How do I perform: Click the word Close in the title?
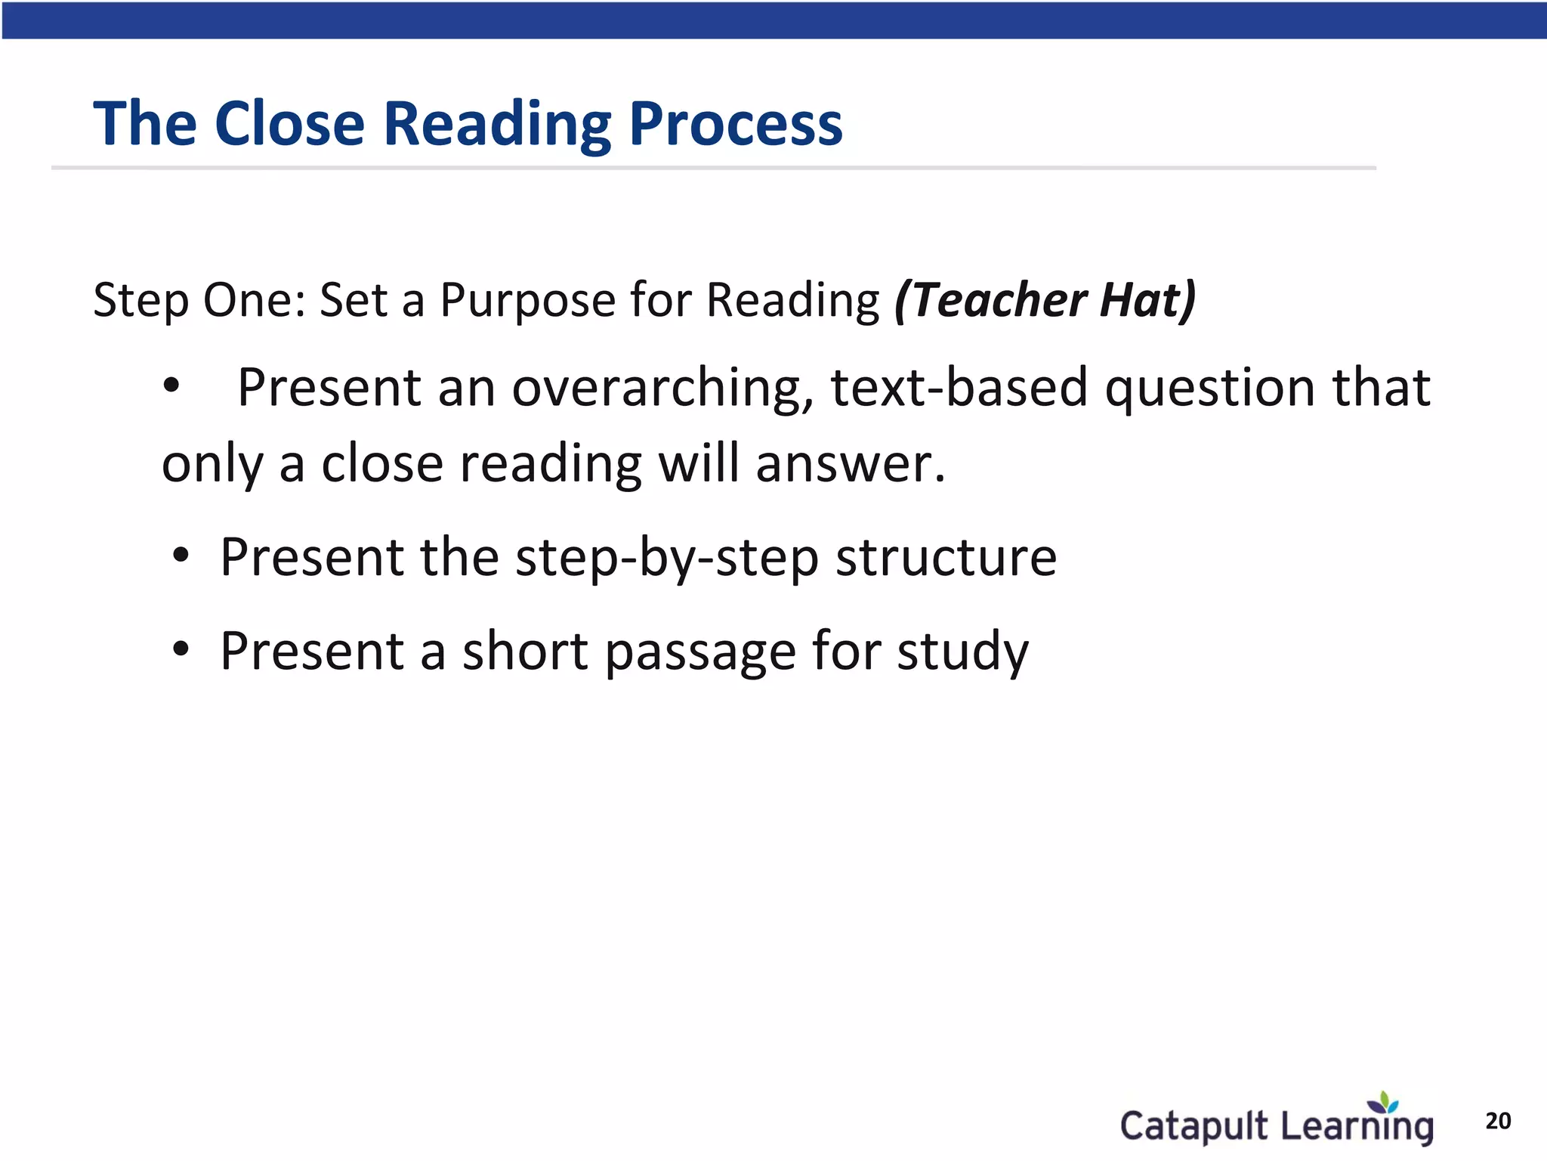point(289,123)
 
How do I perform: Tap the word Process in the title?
point(735,125)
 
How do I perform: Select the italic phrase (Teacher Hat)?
point(1045,300)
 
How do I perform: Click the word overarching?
point(657,388)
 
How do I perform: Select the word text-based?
point(959,388)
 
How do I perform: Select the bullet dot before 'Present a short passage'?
point(181,649)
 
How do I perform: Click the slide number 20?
point(1498,1121)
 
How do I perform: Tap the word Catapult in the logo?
point(1193,1126)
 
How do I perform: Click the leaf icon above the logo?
point(1385,1103)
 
